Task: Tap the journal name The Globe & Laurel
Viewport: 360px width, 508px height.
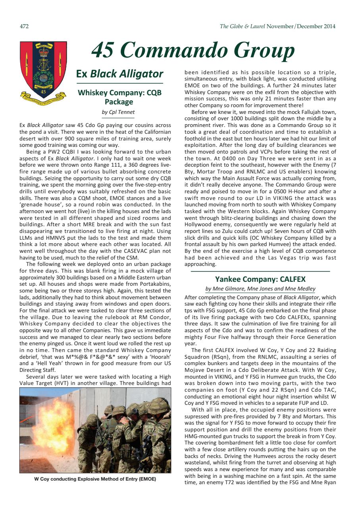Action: [x=242, y=27]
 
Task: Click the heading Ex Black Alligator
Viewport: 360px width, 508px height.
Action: [x=119, y=74]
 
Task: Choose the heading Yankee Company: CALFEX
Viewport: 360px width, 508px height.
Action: [x=260, y=279]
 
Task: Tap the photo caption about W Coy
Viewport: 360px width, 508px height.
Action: [x=95, y=479]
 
